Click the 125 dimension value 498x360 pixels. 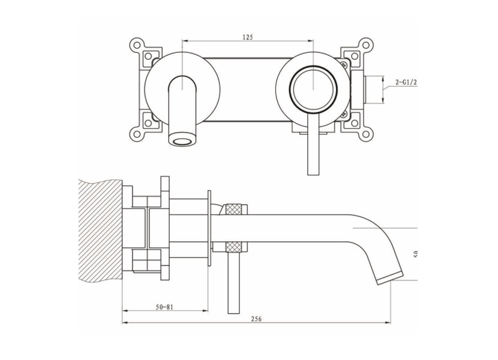[247, 37]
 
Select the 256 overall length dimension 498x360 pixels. [256, 319]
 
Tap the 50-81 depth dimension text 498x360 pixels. [164, 306]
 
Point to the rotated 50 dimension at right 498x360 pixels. [416, 253]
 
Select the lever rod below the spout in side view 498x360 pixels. [234, 282]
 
